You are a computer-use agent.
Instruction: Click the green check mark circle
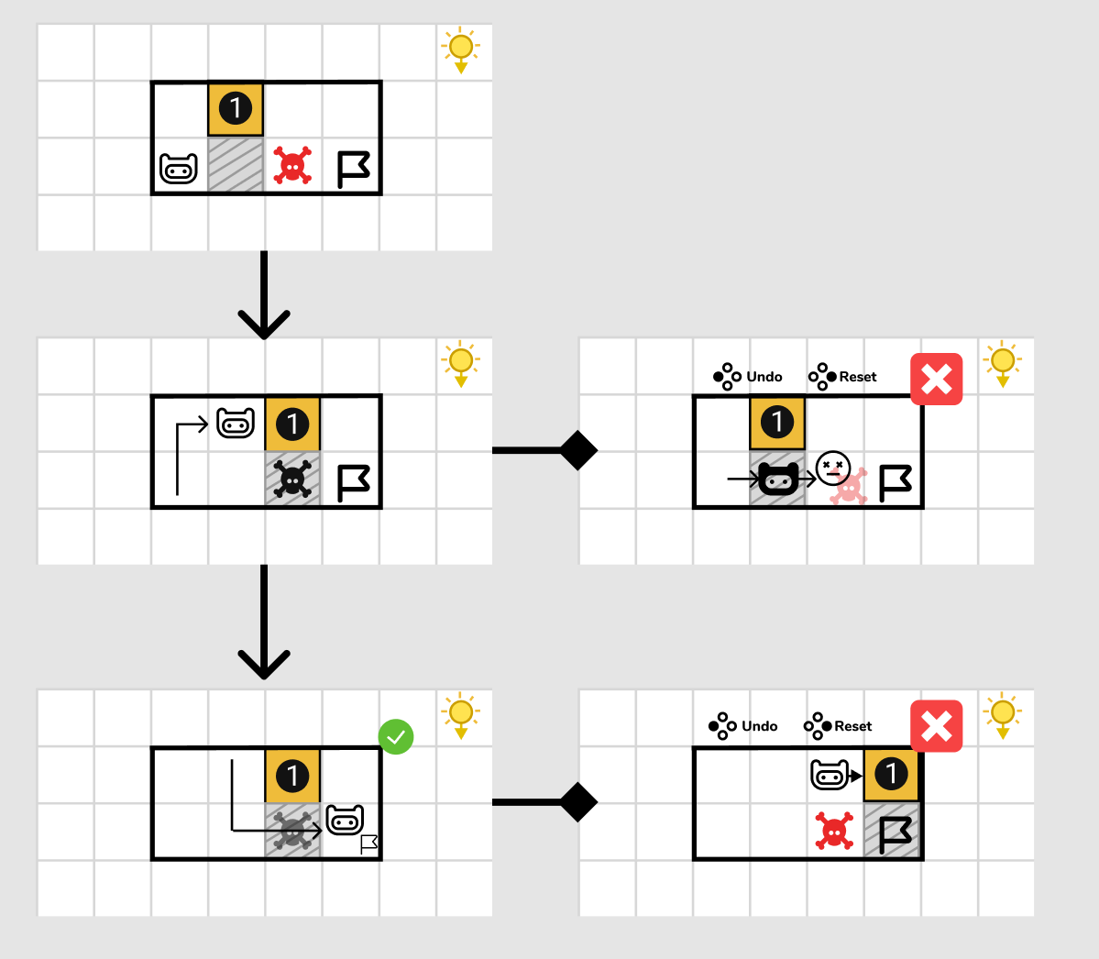tap(396, 736)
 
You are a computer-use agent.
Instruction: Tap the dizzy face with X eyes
tap(833, 468)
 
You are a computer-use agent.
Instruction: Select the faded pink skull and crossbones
tap(850, 489)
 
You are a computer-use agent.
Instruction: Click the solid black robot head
tap(778, 479)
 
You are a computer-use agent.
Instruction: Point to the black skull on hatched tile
tap(292, 479)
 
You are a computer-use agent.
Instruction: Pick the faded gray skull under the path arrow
tap(292, 832)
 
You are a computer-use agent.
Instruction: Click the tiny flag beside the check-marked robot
tap(369, 844)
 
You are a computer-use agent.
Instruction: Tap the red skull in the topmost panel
tap(292, 167)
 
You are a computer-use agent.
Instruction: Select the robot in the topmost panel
tap(179, 169)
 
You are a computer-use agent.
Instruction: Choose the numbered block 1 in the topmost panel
tap(236, 109)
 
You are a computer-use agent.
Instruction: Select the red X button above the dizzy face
tap(936, 379)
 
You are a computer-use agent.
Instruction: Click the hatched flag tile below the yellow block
tap(893, 832)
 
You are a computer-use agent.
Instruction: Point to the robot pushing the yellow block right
tap(830, 776)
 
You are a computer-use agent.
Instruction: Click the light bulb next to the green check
tap(460, 715)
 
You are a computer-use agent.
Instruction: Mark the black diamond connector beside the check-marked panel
tap(578, 802)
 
